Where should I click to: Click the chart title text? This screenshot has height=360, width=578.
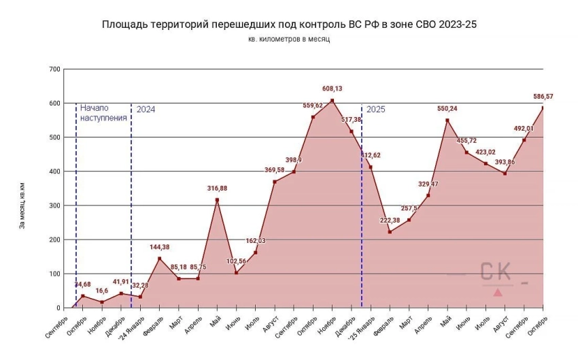[x=289, y=24]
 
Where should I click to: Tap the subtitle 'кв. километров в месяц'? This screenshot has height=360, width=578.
[x=289, y=40]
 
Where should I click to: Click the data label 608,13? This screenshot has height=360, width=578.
[x=332, y=88]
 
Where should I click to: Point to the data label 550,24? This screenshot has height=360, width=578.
[x=447, y=108]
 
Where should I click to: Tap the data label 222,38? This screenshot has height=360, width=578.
[x=390, y=220]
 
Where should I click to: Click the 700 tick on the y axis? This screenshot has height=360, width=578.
[x=55, y=69]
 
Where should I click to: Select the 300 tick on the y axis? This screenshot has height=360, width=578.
[x=55, y=206]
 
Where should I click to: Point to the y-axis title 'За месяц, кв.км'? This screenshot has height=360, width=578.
[x=22, y=205]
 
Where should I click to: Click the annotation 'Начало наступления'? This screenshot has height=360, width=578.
[x=103, y=112]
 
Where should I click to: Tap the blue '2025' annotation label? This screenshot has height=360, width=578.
[x=375, y=109]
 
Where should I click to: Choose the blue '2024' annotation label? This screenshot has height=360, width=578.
[x=146, y=109]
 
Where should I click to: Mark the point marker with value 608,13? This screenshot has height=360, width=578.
[x=332, y=101]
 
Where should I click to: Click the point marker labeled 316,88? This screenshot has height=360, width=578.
[x=217, y=200]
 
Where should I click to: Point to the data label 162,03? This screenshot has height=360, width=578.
[x=256, y=240]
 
